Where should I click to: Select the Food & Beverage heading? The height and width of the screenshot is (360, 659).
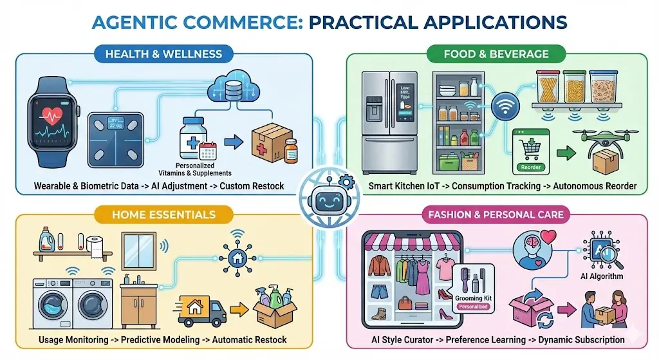point(496,53)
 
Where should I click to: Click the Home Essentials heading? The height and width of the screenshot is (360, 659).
point(163,213)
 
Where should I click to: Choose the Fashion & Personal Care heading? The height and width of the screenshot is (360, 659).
point(494,213)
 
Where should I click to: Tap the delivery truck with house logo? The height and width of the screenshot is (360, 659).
point(200,310)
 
